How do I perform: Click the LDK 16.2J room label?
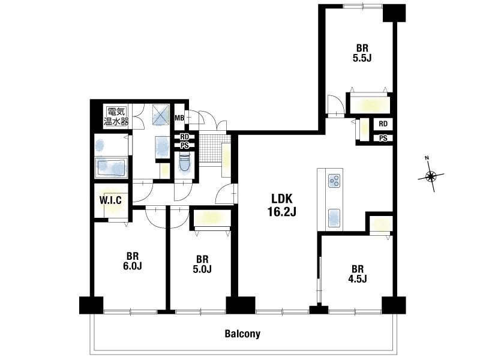coord(282,205)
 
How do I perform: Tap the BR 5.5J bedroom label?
coord(362,53)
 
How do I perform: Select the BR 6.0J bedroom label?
coord(133,261)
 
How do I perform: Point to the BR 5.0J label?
coord(202,264)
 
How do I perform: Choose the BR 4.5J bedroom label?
coord(357,274)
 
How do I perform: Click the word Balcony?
coord(242,334)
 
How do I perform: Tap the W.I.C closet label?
coord(110,200)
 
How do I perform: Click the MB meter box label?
coord(179,117)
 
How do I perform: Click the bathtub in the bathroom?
coord(111,167)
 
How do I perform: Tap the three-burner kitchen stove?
coord(334,181)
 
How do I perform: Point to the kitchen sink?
coord(334,218)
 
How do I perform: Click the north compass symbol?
coord(431,175)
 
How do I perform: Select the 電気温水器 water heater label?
coord(116,116)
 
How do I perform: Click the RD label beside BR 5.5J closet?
coord(383,124)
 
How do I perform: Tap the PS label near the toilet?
coord(184,146)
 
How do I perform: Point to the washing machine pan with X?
coord(161,115)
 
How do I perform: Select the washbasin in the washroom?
coord(162,147)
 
